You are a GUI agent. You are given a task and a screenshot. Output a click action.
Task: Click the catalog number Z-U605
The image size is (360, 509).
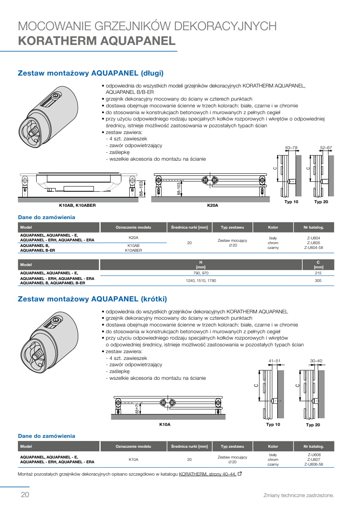point(313,243)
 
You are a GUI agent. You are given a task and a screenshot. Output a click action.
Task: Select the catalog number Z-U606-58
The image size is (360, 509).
point(313,464)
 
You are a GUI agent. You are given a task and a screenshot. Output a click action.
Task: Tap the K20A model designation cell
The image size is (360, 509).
point(133,238)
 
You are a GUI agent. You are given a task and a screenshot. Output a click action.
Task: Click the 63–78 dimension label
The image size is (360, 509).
point(291,148)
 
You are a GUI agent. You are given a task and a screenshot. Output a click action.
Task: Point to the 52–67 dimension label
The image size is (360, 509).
point(326,148)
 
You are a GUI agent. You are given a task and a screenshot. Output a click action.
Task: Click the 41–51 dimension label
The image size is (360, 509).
point(274,361)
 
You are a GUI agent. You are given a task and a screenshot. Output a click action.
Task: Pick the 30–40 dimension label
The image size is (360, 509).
point(316,361)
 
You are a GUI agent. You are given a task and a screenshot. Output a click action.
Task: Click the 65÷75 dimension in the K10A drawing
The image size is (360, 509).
point(137,408)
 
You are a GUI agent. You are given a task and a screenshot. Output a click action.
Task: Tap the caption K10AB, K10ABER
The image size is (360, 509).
point(77,206)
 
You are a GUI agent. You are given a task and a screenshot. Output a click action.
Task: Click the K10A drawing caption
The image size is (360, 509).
point(165,424)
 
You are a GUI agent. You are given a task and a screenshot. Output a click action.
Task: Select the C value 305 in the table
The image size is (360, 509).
point(318,281)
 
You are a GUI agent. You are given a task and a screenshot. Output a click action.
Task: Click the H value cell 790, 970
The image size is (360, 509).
point(200,273)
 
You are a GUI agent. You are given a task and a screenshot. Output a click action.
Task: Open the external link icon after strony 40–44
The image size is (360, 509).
point(239,474)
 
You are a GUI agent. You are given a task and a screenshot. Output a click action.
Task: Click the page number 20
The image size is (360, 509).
point(25,495)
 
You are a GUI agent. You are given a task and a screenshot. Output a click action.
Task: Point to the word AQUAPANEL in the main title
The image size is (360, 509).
point(138,41)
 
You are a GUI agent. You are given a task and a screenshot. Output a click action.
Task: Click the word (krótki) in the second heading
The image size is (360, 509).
point(154,299)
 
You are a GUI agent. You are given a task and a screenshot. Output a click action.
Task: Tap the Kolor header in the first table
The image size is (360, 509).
point(273,227)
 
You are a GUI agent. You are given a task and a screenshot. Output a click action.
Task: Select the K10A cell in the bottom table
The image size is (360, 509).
point(133,459)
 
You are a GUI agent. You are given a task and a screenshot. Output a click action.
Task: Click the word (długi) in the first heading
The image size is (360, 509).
point(152,73)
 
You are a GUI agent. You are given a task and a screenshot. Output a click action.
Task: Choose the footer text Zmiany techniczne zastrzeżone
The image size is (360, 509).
point(299,495)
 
